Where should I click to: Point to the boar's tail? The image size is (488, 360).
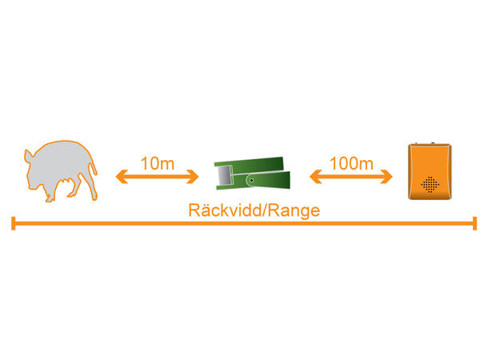coord(97,170)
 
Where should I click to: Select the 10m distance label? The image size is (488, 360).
coord(157,163)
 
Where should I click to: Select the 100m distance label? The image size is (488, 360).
coord(350,163)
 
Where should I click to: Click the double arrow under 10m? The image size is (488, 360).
coord(157,177)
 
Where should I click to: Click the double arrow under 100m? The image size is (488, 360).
coord(350,177)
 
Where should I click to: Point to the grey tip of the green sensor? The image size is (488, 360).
coord(224,173)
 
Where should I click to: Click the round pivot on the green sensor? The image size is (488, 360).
coord(251,180)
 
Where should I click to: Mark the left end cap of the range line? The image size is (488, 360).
coord(13,223)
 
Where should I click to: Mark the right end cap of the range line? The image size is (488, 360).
coord(475,223)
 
